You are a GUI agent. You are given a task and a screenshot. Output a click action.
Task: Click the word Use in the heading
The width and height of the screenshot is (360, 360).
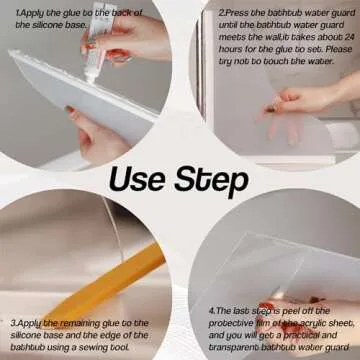pyautogui.click(x=138, y=180)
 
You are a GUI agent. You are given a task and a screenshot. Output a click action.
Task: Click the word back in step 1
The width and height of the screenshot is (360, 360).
pyautogui.click(x=120, y=10)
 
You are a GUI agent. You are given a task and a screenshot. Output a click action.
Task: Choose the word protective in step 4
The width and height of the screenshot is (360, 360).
pyautogui.click(x=231, y=324)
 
